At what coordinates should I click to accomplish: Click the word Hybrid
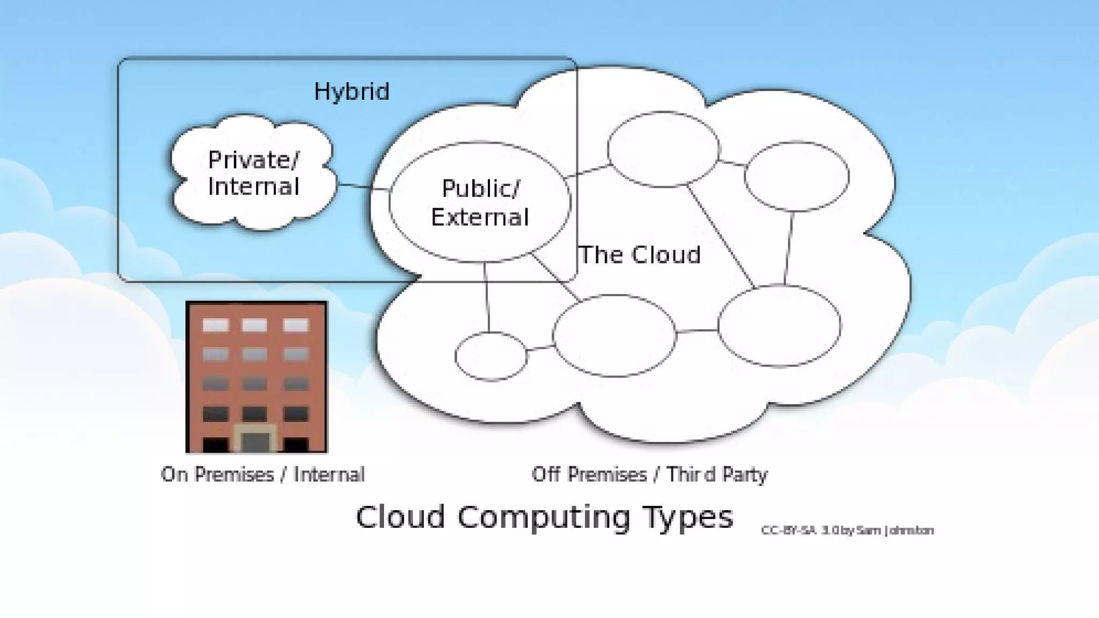pyautogui.click(x=351, y=92)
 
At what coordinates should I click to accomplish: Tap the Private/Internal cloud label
pyautogui.click(x=253, y=173)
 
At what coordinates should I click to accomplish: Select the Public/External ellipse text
pyautogui.click(x=480, y=203)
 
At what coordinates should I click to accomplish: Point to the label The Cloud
pyautogui.click(x=640, y=255)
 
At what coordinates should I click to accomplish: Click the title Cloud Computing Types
pyautogui.click(x=544, y=517)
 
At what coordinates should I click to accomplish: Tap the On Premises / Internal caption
pyautogui.click(x=263, y=475)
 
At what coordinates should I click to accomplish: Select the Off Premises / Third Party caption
pyautogui.click(x=649, y=475)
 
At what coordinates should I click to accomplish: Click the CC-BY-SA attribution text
pyautogui.click(x=847, y=531)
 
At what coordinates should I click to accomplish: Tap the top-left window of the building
pyautogui.click(x=215, y=325)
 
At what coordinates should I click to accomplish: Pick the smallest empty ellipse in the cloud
pyautogui.click(x=490, y=356)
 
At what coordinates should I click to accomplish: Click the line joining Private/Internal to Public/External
pyautogui.click(x=363, y=187)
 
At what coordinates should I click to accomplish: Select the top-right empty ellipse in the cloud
pyautogui.click(x=796, y=176)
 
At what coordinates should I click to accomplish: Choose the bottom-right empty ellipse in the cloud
pyautogui.click(x=779, y=326)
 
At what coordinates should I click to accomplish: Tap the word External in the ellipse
pyautogui.click(x=480, y=217)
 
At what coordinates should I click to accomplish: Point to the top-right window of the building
pyautogui.click(x=296, y=325)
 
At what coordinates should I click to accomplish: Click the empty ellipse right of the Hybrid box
pyautogui.click(x=663, y=149)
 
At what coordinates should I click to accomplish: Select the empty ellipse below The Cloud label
pyautogui.click(x=614, y=335)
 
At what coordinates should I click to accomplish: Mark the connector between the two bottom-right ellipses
pyautogui.click(x=697, y=331)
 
